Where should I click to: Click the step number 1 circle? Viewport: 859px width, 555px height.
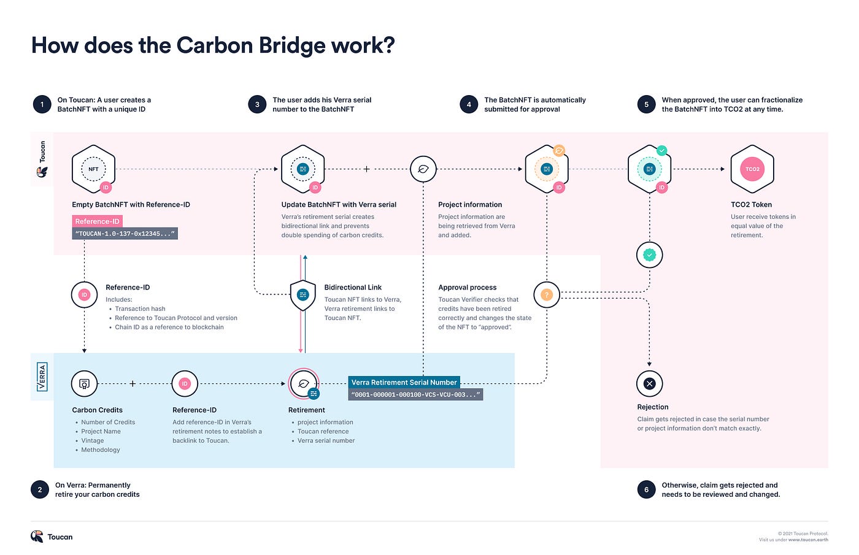tap(42, 104)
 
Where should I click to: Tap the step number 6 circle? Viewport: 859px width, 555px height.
tap(646, 489)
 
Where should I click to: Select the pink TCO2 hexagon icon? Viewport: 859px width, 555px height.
tap(752, 169)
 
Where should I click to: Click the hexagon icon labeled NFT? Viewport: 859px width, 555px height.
tap(93, 169)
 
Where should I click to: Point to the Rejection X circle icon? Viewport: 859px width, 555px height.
tap(649, 384)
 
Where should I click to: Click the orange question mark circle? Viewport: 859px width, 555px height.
tap(546, 295)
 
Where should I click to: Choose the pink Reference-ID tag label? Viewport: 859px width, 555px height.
tap(97, 221)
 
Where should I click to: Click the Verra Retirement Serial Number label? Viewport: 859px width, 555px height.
tap(404, 382)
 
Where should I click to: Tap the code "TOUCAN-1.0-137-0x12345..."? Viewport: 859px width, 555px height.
tap(125, 234)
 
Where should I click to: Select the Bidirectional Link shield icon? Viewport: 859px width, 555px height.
tap(302, 295)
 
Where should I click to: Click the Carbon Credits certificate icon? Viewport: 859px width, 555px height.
tap(85, 384)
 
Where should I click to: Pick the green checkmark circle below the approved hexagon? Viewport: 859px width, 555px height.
tap(649, 255)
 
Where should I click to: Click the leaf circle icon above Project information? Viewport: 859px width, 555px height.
tap(423, 169)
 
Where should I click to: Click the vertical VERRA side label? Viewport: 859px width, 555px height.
tap(42, 377)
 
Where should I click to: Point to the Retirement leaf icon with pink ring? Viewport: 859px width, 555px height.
tap(303, 384)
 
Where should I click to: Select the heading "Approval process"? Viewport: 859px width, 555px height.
tap(467, 287)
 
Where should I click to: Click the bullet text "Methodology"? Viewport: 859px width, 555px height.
tap(101, 450)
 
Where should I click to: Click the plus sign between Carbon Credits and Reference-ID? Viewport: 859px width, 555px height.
tap(133, 384)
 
